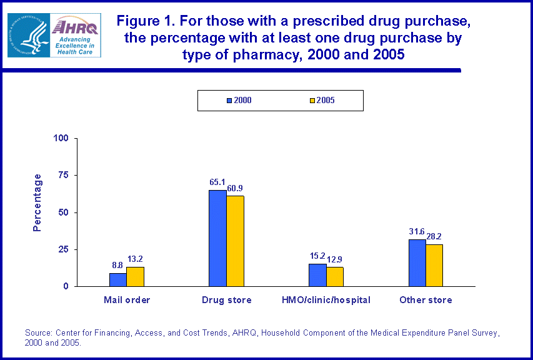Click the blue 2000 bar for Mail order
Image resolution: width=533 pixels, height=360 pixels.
click(117, 279)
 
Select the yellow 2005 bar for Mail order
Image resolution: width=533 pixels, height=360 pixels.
click(135, 276)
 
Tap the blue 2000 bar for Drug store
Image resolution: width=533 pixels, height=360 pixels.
click(217, 238)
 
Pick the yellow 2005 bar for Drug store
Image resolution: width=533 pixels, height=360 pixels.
click(235, 241)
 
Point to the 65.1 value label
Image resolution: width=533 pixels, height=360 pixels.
click(217, 183)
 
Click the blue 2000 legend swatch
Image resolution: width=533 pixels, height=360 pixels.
click(229, 101)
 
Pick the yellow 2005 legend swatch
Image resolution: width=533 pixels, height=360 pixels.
click(312, 101)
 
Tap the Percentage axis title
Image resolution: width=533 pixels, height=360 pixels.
click(37, 202)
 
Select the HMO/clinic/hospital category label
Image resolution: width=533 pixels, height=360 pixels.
click(326, 300)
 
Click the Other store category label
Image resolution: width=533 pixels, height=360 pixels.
click(426, 300)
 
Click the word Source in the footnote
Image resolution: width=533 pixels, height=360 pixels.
click(36, 332)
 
